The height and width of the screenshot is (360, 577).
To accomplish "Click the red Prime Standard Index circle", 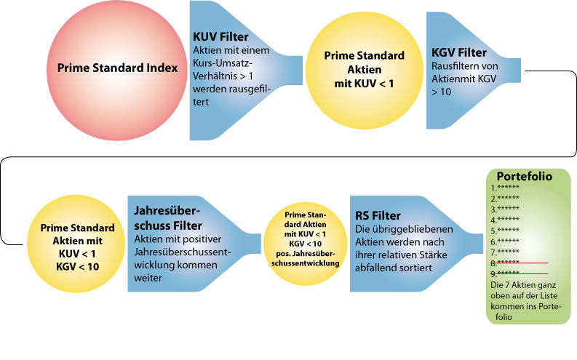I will pyautogui.click(x=117, y=68).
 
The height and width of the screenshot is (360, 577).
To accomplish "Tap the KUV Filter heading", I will pyautogui.click(x=220, y=36).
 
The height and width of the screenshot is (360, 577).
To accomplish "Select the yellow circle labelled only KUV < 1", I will pyautogui.click(x=364, y=70).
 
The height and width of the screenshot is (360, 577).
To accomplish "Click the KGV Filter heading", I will pyautogui.click(x=458, y=53).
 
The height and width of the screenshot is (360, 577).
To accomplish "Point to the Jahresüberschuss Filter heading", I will pyautogui.click(x=167, y=217).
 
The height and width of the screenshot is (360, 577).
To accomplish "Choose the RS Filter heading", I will pyautogui.click(x=378, y=216).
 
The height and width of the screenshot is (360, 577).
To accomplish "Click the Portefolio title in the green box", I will pyautogui.click(x=524, y=176).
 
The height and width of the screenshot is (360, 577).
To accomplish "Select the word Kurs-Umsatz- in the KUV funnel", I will pyautogui.click(x=221, y=63).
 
